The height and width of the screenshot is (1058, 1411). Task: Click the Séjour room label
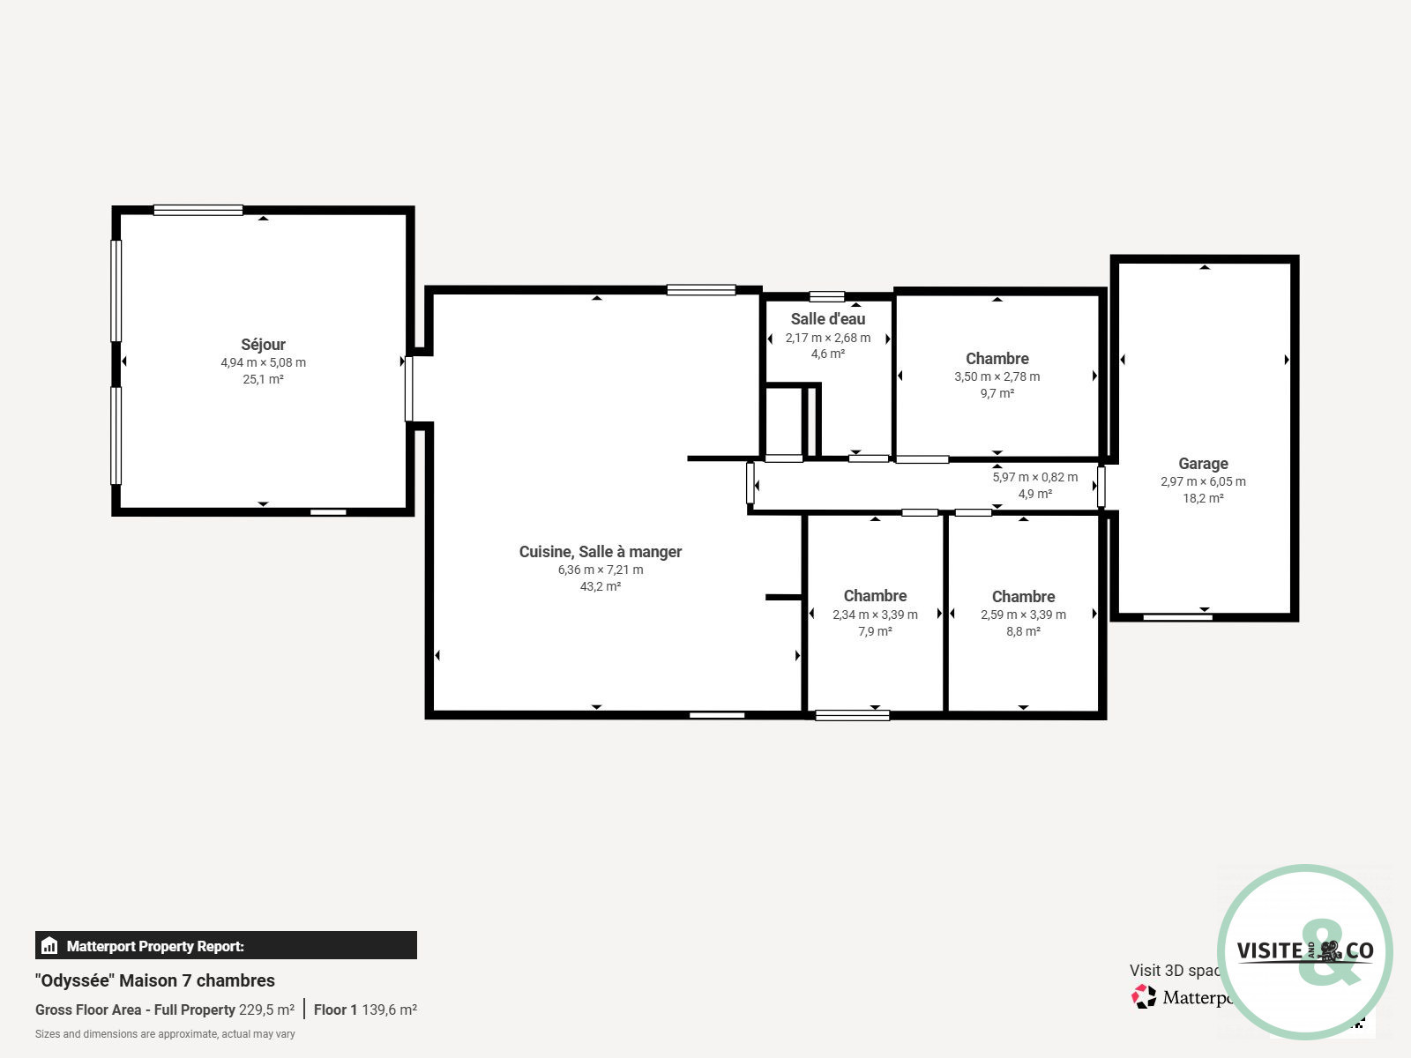[x=263, y=345]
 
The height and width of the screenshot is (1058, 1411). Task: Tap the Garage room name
[x=1203, y=463]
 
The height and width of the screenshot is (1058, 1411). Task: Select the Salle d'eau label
[x=827, y=318]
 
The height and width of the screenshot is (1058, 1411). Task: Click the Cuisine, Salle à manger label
[x=600, y=551]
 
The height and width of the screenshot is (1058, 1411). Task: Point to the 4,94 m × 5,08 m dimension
[x=263, y=362]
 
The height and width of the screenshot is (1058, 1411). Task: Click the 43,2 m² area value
[x=600, y=585]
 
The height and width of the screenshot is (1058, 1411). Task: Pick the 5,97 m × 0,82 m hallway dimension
[x=1035, y=477]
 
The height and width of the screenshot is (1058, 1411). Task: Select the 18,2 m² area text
[x=1203, y=498]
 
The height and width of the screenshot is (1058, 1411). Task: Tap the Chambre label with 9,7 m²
[x=997, y=359]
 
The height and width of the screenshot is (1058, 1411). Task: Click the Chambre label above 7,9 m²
[x=875, y=595]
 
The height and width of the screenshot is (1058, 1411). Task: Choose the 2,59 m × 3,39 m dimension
[x=1023, y=615]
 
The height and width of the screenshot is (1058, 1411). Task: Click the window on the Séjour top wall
[x=198, y=210]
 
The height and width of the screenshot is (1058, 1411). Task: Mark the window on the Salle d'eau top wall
[x=826, y=296]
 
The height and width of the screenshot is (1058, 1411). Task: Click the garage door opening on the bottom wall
[x=1177, y=617]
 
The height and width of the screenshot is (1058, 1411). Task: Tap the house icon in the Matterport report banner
[x=49, y=945]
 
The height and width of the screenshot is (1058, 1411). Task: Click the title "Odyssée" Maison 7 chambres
[x=155, y=980]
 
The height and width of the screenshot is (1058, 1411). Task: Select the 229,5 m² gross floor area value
[x=266, y=1010]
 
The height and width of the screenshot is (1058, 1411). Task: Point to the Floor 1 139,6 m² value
[x=365, y=1010]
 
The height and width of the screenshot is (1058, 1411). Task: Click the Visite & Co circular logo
[x=1305, y=951]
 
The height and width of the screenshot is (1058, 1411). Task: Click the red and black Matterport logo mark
[x=1144, y=996]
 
